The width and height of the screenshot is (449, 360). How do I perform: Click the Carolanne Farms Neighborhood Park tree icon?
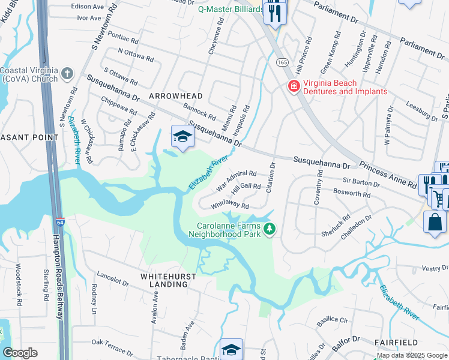270,229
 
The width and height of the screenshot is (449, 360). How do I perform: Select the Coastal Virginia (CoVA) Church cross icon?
67,74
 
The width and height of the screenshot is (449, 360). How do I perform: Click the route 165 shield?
282,62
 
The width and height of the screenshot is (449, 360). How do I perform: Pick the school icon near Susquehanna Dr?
181,137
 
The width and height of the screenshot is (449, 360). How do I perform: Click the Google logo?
20,352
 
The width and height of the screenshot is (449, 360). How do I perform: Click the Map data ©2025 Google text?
412,355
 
